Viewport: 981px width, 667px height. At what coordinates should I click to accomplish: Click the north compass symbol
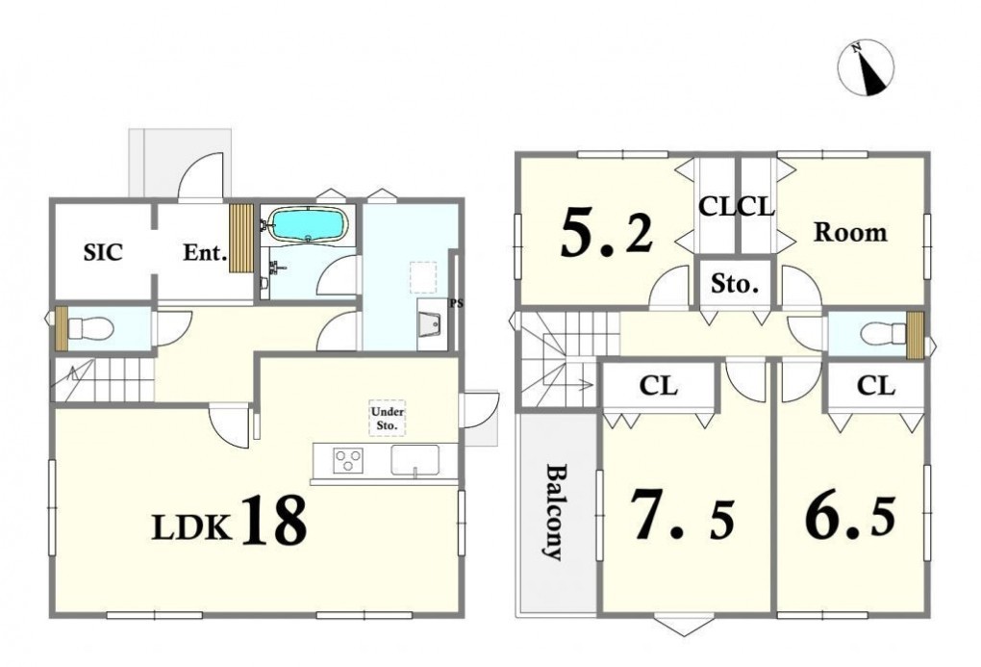click(x=866, y=67)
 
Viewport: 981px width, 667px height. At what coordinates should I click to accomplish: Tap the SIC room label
click(x=103, y=252)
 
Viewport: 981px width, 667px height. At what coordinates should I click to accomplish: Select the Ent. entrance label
click(x=205, y=253)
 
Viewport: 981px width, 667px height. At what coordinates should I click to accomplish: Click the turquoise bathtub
click(x=308, y=225)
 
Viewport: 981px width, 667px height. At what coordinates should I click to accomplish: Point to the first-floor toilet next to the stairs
click(x=90, y=327)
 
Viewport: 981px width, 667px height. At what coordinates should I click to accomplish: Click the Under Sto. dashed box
click(x=388, y=419)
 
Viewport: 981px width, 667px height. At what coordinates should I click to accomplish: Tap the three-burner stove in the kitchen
click(x=348, y=461)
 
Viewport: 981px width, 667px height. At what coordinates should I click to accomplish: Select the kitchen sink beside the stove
click(x=415, y=460)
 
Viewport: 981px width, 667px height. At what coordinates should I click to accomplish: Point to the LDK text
click(x=191, y=528)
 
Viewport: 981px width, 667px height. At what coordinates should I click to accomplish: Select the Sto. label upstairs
click(x=735, y=285)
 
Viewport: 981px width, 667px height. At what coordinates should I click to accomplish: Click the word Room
click(x=850, y=232)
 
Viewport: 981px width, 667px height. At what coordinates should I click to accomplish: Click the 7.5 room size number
click(x=682, y=514)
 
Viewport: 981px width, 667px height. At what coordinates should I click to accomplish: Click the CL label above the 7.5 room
click(x=658, y=386)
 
